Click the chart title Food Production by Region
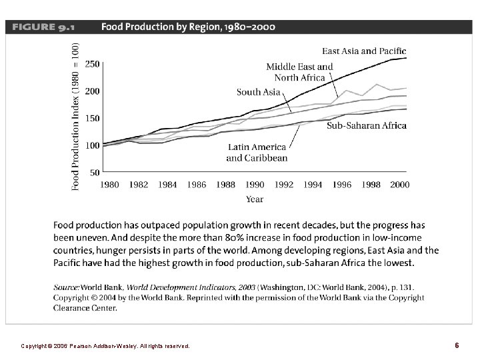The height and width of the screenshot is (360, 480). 187,27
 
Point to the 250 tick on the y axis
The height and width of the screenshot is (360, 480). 93,64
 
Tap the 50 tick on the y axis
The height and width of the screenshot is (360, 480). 95,172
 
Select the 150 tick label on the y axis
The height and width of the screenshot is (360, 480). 93,118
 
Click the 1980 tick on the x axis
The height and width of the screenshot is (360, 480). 109,184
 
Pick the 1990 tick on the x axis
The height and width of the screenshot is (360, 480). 255,184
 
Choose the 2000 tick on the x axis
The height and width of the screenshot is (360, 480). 399,184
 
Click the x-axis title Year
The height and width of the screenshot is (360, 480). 254,199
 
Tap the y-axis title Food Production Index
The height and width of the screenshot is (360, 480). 75,116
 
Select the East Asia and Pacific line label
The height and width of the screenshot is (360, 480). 364,51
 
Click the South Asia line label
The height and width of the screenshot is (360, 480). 258,92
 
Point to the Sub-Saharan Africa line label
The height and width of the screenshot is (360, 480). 366,126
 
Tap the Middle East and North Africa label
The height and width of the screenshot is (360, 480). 299,72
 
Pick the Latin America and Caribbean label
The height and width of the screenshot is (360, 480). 257,153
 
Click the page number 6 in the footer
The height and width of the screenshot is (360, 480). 457,346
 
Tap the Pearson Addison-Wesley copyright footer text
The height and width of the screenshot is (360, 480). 105,347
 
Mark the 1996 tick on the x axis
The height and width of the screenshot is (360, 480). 341,184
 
